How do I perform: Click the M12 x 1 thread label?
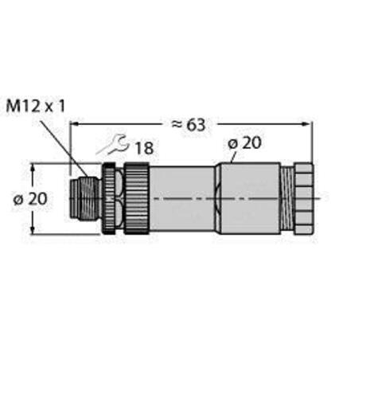click(36, 107)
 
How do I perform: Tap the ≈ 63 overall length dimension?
click(189, 125)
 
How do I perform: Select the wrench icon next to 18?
click(112, 145)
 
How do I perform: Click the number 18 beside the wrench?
click(144, 148)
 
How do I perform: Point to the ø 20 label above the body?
click(244, 143)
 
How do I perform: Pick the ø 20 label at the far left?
click(30, 199)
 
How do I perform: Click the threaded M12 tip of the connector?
click(85, 199)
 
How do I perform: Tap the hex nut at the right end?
click(304, 198)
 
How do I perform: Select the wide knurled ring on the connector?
click(137, 198)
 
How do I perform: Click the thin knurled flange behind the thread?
click(109, 198)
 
